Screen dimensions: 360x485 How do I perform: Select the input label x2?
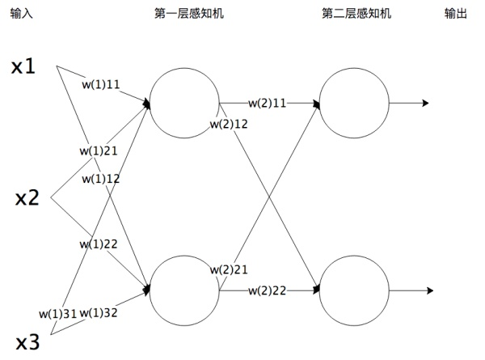coord(27,197)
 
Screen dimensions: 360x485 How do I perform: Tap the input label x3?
coord(27,341)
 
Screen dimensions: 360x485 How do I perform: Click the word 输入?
coord(22,15)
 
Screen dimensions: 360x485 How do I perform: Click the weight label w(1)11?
coord(102,83)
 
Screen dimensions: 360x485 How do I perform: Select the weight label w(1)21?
coord(99,150)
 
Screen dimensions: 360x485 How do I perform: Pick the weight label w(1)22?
coord(99,244)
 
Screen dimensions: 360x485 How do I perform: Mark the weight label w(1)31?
coord(58,312)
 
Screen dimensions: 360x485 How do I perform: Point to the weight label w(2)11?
coord(268,104)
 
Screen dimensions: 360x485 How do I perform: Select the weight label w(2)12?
coord(230,124)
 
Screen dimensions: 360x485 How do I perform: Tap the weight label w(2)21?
coord(230,269)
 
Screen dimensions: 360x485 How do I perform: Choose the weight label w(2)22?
coord(268,290)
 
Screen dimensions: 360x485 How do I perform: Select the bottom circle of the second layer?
coord(354,290)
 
